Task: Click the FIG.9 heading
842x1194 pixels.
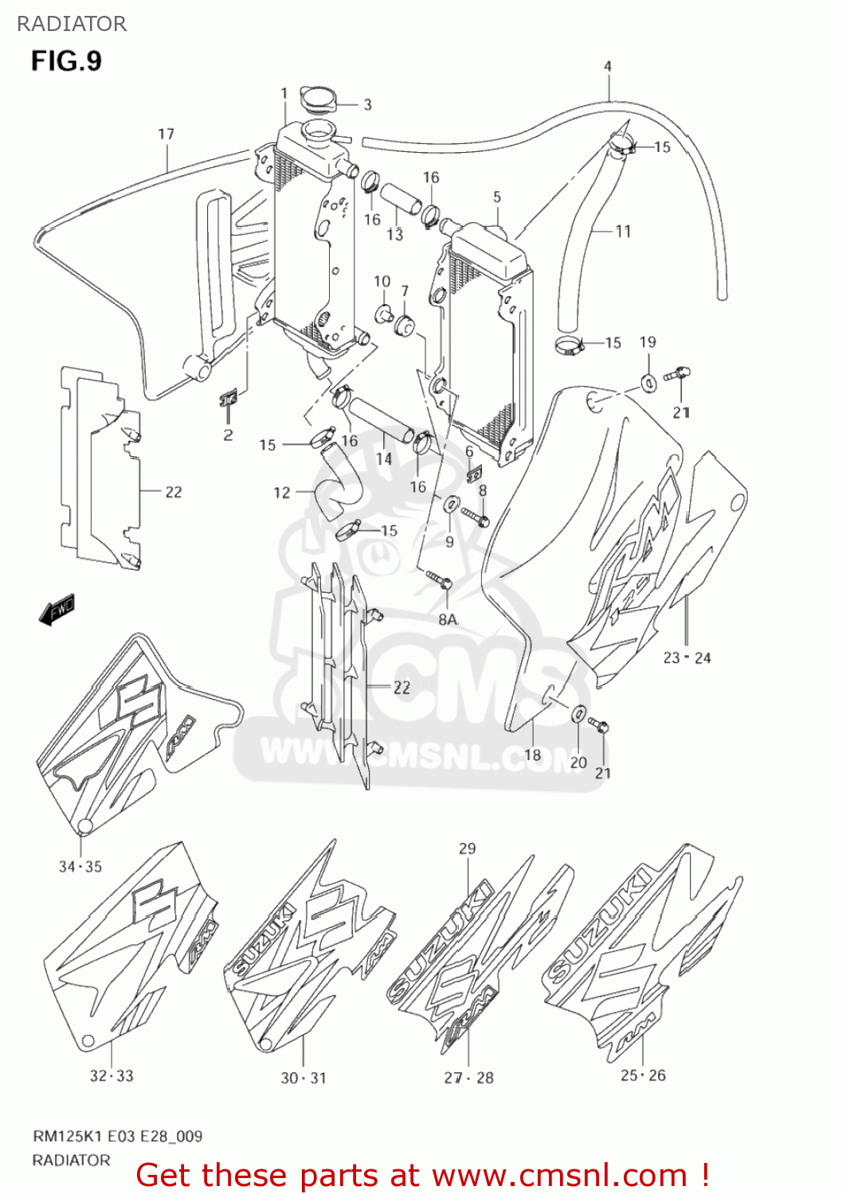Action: point(66,60)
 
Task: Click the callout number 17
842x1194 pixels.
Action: point(166,134)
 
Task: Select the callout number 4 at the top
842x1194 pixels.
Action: point(608,66)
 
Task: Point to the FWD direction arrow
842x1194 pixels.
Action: point(57,611)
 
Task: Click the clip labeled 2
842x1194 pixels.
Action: point(229,399)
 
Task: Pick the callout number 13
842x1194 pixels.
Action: point(395,235)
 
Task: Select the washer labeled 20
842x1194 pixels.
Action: point(579,713)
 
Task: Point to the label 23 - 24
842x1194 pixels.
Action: point(687,657)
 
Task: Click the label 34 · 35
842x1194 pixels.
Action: point(80,866)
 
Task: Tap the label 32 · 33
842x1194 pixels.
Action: point(112,1075)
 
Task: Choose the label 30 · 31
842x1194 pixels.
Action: point(304,1078)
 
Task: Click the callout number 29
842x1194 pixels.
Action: point(468,849)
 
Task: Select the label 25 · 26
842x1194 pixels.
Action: point(643,1075)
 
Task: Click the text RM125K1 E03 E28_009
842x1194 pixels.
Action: point(117,1136)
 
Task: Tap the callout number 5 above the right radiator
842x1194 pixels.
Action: point(497,197)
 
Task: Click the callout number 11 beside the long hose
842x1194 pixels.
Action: point(623,231)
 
